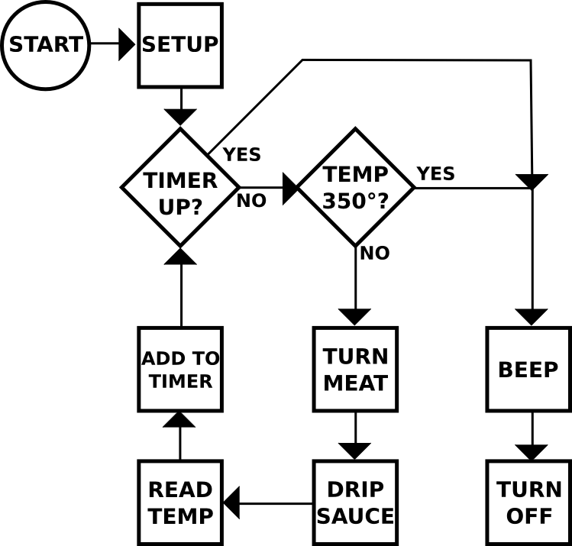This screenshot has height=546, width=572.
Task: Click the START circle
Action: pos(45,45)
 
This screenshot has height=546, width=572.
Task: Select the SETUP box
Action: pos(180,45)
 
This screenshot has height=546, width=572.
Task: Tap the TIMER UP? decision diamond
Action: pos(181,187)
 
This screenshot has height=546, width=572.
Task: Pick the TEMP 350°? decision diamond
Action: pos(355,187)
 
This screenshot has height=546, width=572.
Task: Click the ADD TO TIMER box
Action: pos(180,370)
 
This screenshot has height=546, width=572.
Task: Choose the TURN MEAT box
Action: pos(355,370)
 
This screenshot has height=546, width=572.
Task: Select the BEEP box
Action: pos(528,370)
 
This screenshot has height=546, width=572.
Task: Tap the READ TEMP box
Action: pos(180,502)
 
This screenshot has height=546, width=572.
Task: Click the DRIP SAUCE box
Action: pos(355,502)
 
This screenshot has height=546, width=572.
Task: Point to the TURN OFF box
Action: pos(528,502)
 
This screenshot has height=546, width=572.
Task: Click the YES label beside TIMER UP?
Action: pos(242,155)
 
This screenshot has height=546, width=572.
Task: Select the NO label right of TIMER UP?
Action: pos(251,202)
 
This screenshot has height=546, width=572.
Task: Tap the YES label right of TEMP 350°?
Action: pos(436,174)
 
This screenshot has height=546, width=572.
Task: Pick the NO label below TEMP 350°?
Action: pos(374,254)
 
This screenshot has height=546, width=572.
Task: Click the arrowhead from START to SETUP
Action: pos(127,45)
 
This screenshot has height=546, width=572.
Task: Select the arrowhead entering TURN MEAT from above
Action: pos(355,317)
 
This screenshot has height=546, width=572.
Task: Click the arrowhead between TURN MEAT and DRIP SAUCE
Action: pos(355,451)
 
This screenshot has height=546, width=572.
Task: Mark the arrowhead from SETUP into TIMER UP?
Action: pos(181,118)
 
